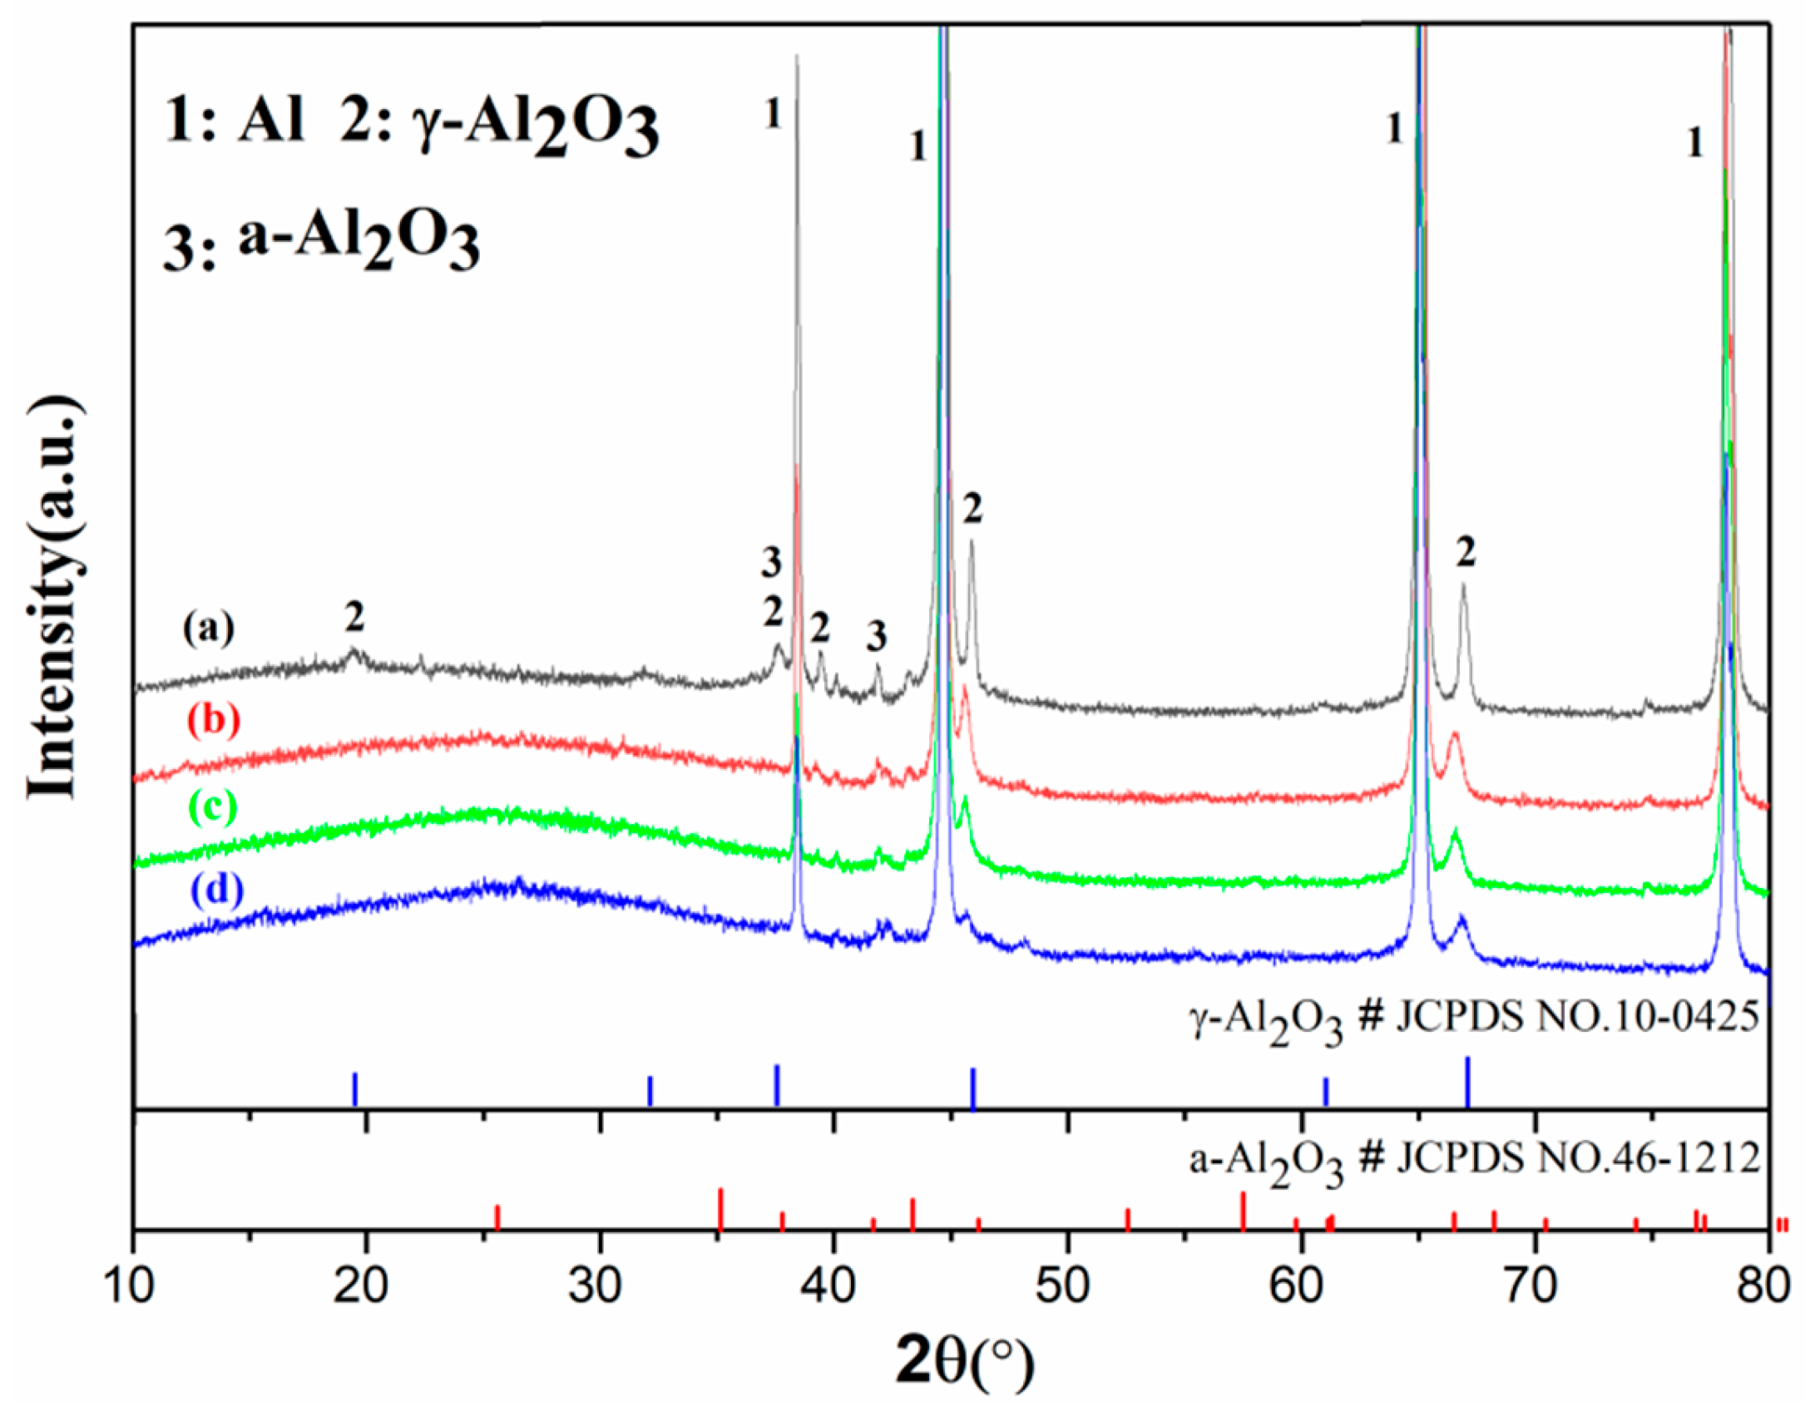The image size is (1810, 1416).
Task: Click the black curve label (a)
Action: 209,629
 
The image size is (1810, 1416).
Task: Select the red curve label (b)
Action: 213,719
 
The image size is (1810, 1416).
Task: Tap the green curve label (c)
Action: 213,806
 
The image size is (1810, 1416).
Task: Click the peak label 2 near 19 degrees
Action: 354,617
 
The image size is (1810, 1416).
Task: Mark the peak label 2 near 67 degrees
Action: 1466,551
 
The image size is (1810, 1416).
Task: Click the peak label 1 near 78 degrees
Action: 1694,144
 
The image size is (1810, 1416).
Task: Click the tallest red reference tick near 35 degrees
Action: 720,1209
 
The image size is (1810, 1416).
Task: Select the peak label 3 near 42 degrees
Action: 876,636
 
